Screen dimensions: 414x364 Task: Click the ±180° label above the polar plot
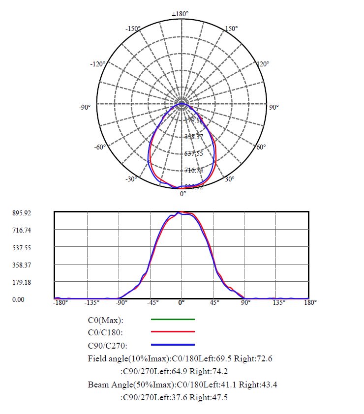pos(180,14)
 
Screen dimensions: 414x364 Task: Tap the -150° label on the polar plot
pos(133,29)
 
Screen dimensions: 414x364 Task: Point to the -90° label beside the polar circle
pos(85,107)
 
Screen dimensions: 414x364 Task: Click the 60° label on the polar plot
pos(261,147)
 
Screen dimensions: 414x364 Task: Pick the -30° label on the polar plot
pos(131,179)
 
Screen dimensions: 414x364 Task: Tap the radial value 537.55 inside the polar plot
pos(193,153)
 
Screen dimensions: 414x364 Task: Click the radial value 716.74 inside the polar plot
pos(194,170)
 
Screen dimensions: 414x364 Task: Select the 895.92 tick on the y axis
pos(21,213)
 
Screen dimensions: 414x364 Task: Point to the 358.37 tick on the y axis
pos(21,265)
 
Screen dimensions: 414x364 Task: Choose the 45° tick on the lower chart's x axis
pos(214,303)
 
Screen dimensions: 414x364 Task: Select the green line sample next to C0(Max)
pos(173,320)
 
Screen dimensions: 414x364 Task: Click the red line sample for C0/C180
pos(173,332)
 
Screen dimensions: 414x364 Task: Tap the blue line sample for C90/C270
pos(173,345)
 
